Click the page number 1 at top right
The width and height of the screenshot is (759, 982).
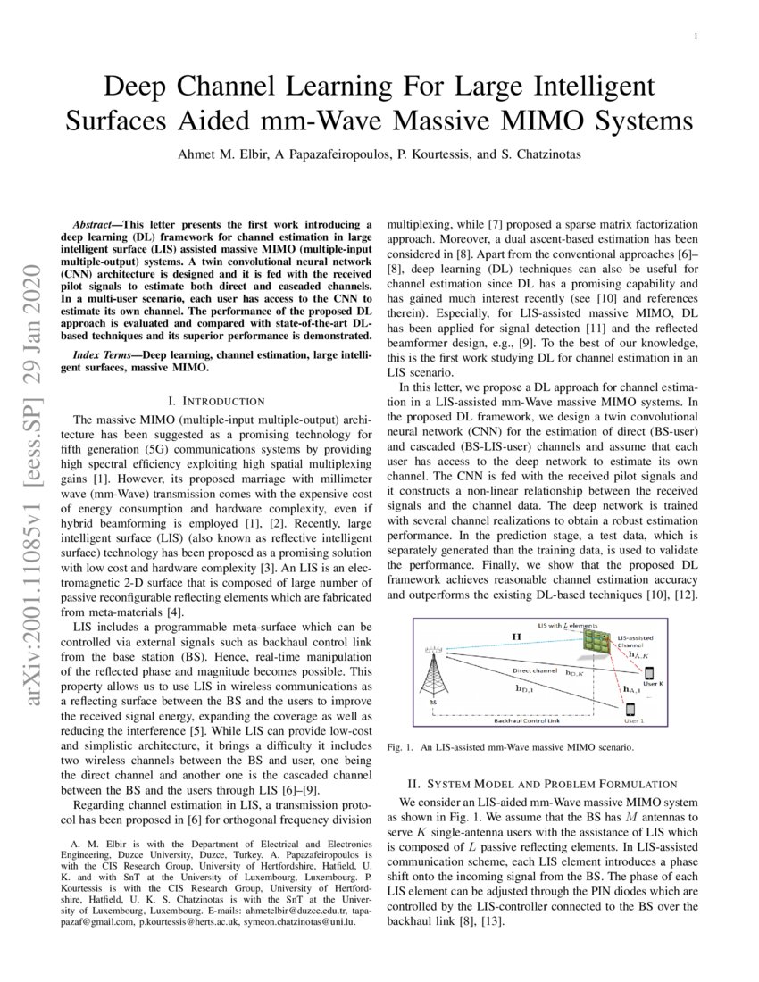tap(695, 36)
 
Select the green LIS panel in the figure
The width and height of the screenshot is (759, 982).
tap(590, 641)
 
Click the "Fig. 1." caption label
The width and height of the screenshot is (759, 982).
tap(400, 746)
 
